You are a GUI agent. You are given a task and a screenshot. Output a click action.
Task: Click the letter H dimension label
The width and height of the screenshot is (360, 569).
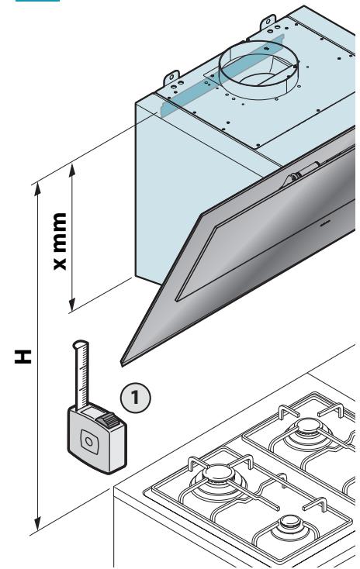(x=23, y=357)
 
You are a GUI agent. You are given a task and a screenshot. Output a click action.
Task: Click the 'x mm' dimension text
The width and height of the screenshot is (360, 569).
(x=60, y=241)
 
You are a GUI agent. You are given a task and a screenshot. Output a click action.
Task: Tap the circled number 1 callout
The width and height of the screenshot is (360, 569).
(x=135, y=397)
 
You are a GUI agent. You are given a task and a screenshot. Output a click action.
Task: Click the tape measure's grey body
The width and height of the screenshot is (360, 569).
(x=97, y=438)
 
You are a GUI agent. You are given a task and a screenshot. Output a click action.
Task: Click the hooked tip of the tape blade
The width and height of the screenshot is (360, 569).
(x=80, y=344)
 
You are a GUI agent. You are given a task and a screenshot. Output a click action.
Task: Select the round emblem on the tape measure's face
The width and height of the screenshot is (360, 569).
(x=88, y=442)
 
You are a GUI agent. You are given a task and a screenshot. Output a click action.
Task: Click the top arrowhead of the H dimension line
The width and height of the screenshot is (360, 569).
(x=37, y=189)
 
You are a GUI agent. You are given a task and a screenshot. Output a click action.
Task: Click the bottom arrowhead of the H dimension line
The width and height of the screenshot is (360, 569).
(x=37, y=523)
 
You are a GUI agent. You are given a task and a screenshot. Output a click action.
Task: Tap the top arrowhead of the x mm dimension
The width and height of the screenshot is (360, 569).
(x=72, y=170)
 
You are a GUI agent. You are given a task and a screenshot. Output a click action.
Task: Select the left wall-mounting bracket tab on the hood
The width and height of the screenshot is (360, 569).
(x=171, y=79)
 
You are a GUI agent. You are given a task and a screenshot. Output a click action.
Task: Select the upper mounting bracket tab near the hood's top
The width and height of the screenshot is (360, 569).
(x=268, y=22)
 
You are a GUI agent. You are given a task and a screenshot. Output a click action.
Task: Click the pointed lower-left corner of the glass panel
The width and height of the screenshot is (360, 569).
(x=122, y=364)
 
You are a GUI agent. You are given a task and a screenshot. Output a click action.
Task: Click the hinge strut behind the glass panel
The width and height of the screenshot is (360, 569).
(x=303, y=172)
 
